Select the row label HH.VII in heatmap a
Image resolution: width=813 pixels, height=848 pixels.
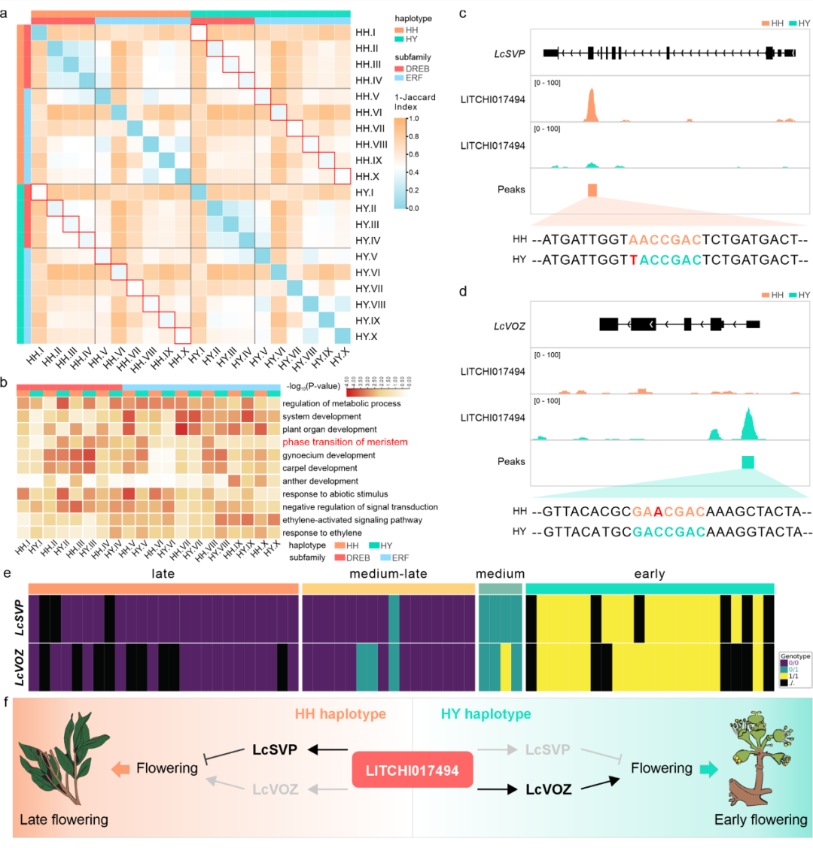(x=370, y=128)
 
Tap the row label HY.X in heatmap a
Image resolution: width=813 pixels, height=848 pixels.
(x=367, y=336)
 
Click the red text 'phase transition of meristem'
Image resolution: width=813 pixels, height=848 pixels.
(x=345, y=442)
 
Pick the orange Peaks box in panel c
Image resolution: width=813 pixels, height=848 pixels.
(x=592, y=190)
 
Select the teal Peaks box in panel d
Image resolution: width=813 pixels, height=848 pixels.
(x=748, y=462)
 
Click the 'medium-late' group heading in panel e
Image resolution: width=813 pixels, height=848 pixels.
(x=388, y=574)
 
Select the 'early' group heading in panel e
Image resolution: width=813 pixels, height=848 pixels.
(x=649, y=574)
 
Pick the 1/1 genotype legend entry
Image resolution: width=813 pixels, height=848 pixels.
(x=792, y=676)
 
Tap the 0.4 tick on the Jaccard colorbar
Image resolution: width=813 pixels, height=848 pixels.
(x=413, y=172)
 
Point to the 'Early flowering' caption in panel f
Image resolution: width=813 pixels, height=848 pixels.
(x=760, y=820)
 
